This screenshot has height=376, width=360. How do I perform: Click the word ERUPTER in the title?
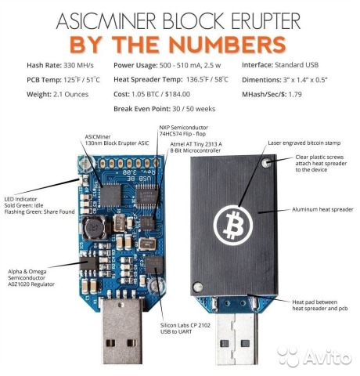click(x=265, y=21)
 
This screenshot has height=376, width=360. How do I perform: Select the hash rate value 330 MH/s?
click(x=78, y=65)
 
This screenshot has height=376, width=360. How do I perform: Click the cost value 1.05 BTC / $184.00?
click(x=160, y=94)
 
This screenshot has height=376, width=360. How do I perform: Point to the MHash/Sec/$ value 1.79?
click(x=295, y=94)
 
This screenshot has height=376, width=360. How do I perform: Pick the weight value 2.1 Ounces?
click(x=70, y=94)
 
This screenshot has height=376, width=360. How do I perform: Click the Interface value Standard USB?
click(x=297, y=65)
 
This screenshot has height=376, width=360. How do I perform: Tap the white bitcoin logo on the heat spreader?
click(x=233, y=225)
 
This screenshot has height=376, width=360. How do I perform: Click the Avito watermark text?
click(x=327, y=356)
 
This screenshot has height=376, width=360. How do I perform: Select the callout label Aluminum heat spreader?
click(x=322, y=209)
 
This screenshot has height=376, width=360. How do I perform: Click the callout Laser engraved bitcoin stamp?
click(x=304, y=143)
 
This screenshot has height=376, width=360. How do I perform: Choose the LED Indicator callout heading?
click(x=20, y=199)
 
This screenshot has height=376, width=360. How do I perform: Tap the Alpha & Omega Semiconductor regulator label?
click(x=31, y=278)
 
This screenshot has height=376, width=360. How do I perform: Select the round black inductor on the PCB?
click(x=93, y=228)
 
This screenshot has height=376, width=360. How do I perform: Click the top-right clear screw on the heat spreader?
click(x=265, y=163)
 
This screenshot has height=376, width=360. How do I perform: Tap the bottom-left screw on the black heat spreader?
click(x=197, y=287)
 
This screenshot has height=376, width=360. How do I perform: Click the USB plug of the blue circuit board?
click(x=121, y=331)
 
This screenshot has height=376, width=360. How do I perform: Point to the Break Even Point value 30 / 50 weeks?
click(x=194, y=109)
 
